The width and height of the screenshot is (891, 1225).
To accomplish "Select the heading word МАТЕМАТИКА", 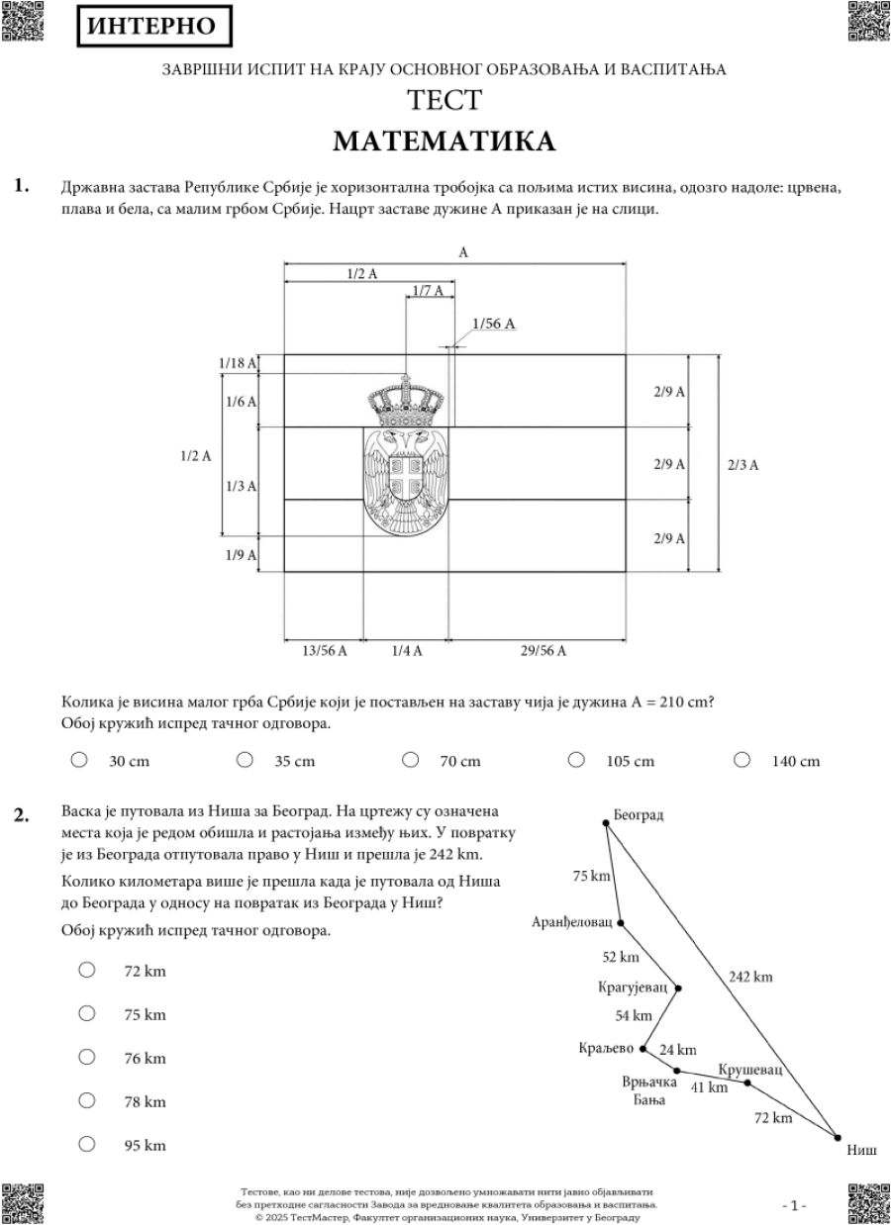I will coord(444,141).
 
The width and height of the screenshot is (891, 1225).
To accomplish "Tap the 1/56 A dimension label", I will coord(494,324).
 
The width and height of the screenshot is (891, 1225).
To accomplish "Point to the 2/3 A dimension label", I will coord(742,464).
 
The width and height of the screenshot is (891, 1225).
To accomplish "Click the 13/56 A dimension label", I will coord(324,650).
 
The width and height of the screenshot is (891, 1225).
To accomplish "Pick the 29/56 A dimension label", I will coord(543,650).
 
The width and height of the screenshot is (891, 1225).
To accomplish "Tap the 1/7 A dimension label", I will coord(430,291).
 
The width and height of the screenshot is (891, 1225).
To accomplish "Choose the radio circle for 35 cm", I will coord(244,760).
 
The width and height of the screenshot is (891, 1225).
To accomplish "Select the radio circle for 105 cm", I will coord(575,760).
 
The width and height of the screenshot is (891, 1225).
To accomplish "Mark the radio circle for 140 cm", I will coord(742,760).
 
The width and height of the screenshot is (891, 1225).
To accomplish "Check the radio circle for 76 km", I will coord(87,1058).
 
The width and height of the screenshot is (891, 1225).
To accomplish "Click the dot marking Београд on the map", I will coord(606,821).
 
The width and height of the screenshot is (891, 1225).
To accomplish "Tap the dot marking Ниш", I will coord(838,1137).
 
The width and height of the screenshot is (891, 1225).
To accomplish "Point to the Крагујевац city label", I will coord(633,988).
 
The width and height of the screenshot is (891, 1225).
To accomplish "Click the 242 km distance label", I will coord(750,977).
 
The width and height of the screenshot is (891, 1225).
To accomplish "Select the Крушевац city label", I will coord(750,1070).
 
